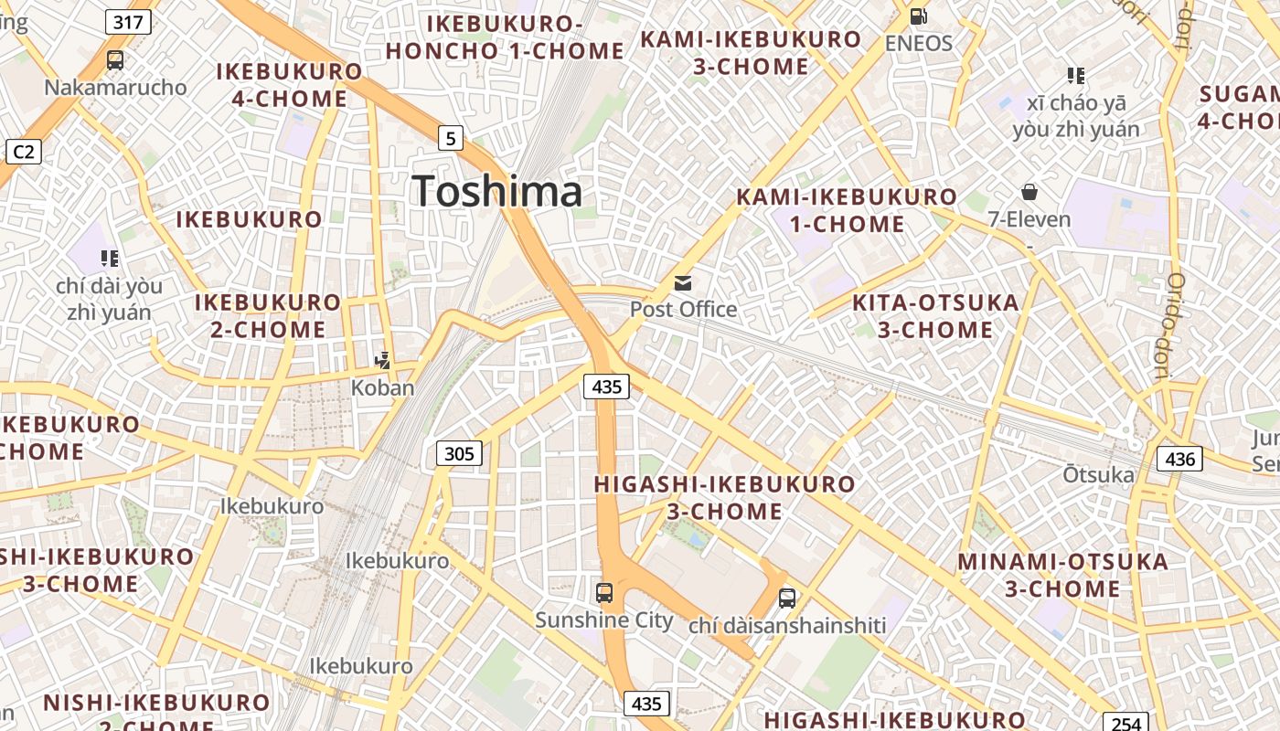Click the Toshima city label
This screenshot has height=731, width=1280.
click(x=497, y=192)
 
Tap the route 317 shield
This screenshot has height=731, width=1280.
click(x=127, y=21)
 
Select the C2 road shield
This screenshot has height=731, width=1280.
click(x=23, y=151)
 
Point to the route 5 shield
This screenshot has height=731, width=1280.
click(x=450, y=138)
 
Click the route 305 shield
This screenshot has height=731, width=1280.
click(x=459, y=452)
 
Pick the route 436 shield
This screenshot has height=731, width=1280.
click(x=1179, y=458)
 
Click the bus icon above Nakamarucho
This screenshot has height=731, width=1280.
click(x=115, y=60)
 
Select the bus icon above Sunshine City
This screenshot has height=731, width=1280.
click(x=604, y=592)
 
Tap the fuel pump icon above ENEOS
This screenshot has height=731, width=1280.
click(x=919, y=16)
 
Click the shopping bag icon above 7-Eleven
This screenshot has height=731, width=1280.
click(x=1029, y=192)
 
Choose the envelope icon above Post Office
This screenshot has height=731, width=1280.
click(x=683, y=282)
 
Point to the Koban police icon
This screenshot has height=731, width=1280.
click(x=383, y=360)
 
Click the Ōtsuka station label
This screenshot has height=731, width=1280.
click(x=1098, y=474)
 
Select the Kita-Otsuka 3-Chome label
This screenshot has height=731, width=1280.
click(x=935, y=316)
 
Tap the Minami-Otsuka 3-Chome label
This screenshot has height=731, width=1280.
click(x=1063, y=575)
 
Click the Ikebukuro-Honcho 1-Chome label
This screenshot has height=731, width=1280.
click(x=505, y=37)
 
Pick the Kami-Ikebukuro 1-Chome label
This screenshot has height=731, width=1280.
click(x=847, y=210)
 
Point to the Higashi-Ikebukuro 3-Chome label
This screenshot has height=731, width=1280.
click(x=724, y=497)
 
